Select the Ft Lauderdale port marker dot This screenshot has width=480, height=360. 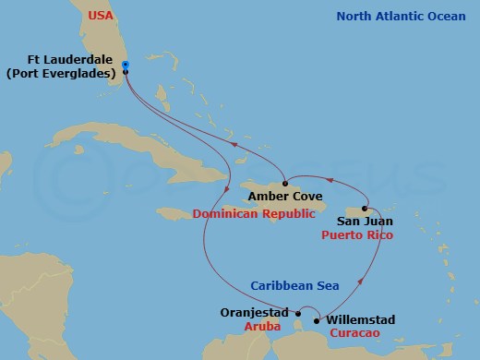[126, 71]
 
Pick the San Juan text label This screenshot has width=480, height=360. [365, 222]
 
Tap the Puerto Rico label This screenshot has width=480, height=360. [357, 235]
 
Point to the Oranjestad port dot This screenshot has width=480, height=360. [298, 313]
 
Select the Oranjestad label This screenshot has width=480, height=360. [255, 312]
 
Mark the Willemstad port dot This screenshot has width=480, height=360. [318, 321]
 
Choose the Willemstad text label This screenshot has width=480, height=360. [361, 319]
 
